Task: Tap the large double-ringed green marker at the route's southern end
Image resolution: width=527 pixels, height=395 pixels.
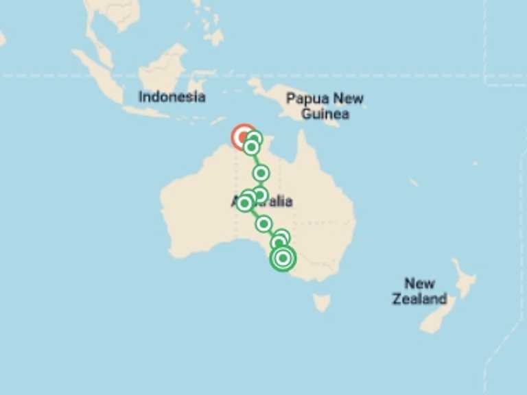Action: click(x=283, y=259)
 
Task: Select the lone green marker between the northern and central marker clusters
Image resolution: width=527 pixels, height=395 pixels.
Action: click(x=261, y=173)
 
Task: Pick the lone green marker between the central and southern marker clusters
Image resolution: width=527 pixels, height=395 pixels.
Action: click(x=263, y=224)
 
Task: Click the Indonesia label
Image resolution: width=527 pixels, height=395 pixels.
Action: click(x=172, y=97)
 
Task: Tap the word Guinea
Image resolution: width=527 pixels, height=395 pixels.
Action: click(x=325, y=113)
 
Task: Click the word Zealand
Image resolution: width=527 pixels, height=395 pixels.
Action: click(x=419, y=299)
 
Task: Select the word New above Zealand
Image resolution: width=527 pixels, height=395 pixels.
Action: click(x=419, y=283)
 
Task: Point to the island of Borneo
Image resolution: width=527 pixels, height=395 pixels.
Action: click(x=161, y=69)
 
